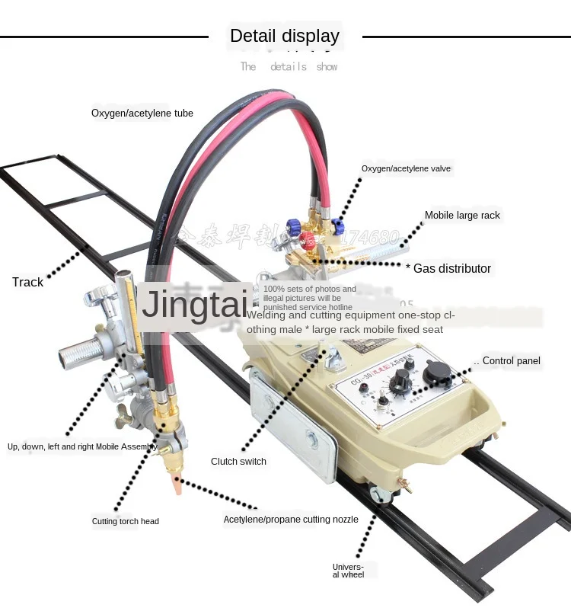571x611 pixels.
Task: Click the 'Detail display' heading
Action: click(285, 36)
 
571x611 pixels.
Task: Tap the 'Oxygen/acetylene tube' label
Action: click(142, 114)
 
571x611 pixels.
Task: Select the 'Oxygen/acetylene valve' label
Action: click(410, 168)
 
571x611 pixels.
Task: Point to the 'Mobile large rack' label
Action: click(462, 216)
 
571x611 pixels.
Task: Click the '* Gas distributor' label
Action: click(448, 268)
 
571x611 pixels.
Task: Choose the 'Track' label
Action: click(28, 283)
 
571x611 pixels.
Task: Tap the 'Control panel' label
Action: click(511, 361)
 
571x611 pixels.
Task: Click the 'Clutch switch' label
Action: click(239, 462)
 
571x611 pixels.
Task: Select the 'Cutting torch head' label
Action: click(126, 522)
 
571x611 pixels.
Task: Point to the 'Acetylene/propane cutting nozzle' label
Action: click(291, 520)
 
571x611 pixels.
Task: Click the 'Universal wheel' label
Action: click(349, 571)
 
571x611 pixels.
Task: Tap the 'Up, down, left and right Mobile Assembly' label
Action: click(82, 447)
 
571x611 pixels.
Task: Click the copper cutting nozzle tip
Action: click(178, 485)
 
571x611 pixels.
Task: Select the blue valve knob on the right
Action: click(337, 225)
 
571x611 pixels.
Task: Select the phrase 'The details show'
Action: click(289, 67)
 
